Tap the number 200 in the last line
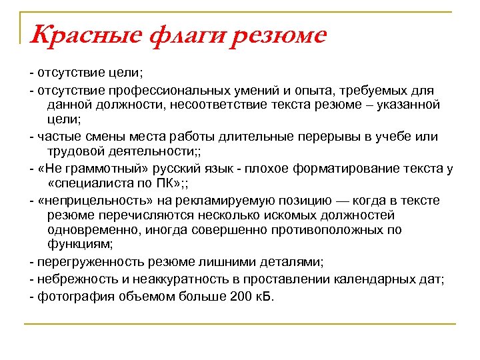[x=237, y=294]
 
